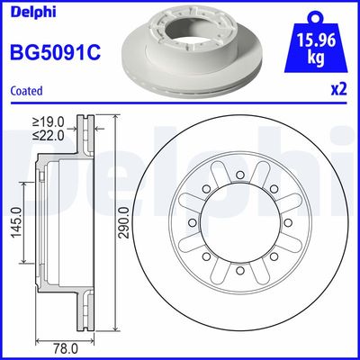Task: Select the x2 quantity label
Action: click(x=339, y=91)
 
